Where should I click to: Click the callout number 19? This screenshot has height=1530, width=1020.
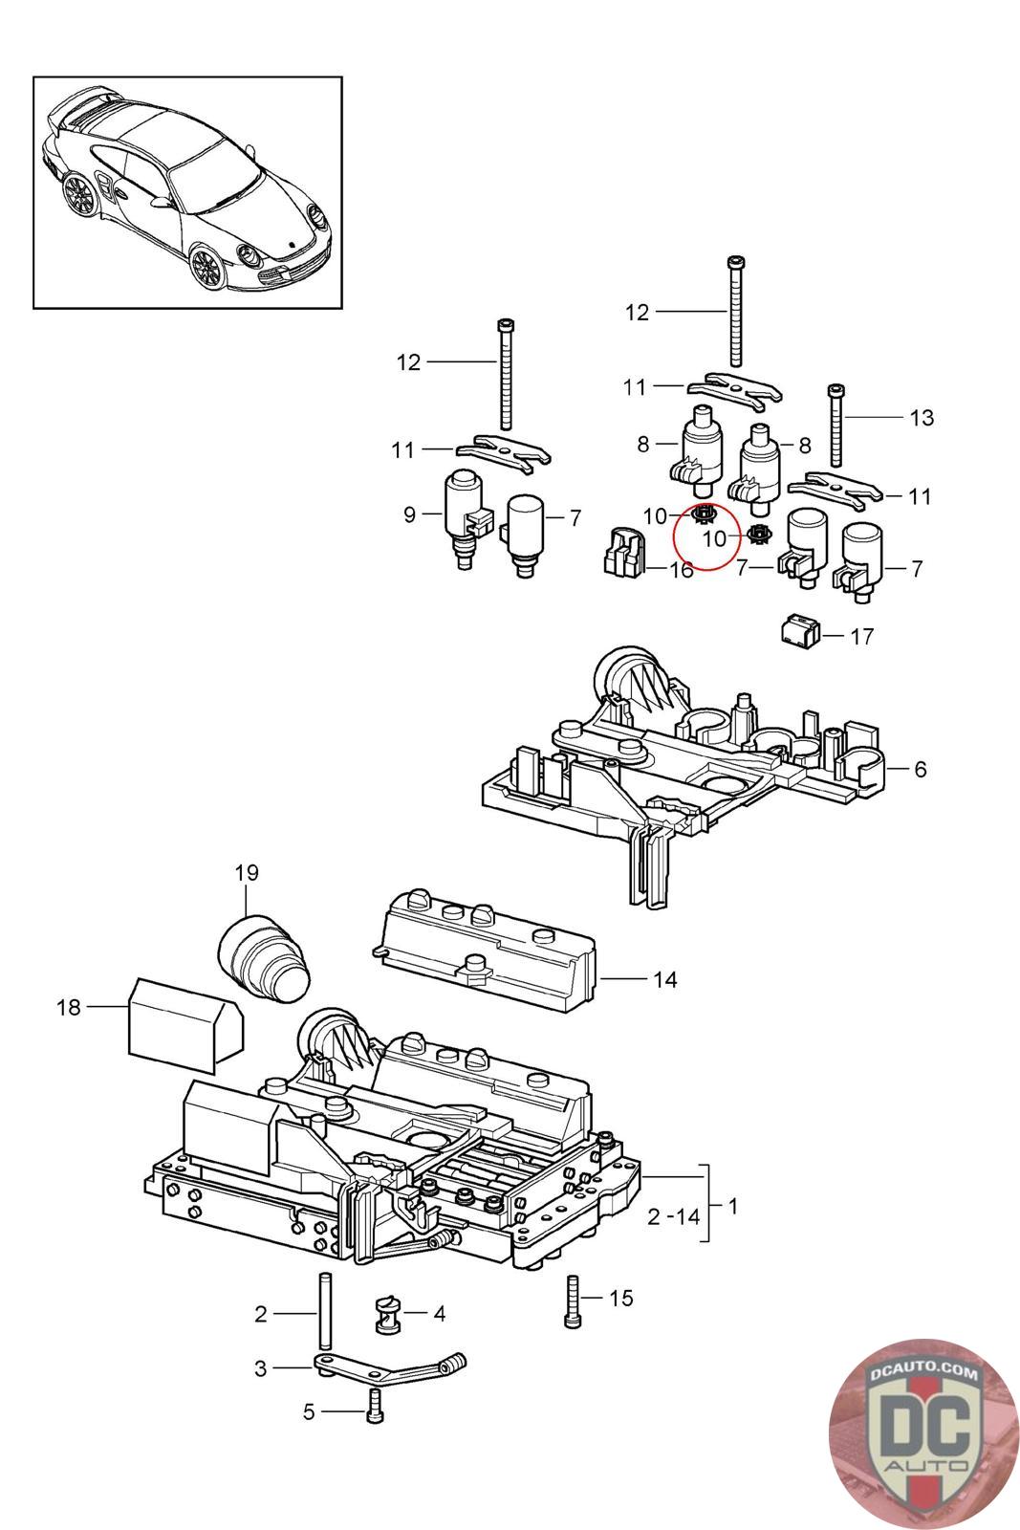click(x=247, y=872)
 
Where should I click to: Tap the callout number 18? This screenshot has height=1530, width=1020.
click(x=68, y=1007)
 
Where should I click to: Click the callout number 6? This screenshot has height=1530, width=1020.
click(x=920, y=768)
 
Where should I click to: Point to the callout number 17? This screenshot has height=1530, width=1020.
click(x=861, y=636)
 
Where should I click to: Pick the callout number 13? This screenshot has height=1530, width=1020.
click(x=922, y=417)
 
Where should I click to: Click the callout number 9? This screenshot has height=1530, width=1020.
click(x=409, y=514)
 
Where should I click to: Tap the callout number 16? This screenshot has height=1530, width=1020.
click(x=681, y=571)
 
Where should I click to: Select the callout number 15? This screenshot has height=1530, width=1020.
click(x=620, y=1298)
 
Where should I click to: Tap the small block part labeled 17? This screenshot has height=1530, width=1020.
click(x=802, y=631)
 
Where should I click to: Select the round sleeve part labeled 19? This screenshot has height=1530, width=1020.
click(x=264, y=959)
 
